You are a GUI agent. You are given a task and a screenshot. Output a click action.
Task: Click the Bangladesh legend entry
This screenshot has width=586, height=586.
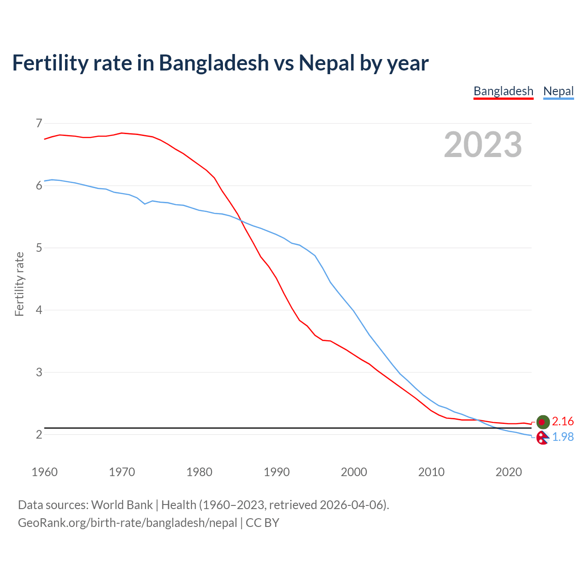(x=503, y=91)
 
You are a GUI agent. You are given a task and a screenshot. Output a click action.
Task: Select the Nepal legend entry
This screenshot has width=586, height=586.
(x=558, y=91)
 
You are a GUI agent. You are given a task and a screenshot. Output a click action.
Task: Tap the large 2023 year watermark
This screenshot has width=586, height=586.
(x=483, y=145)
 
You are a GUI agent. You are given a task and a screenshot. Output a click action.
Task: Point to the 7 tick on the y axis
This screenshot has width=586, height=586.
(x=38, y=123)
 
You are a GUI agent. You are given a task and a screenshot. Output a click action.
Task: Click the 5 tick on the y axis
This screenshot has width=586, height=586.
(x=38, y=248)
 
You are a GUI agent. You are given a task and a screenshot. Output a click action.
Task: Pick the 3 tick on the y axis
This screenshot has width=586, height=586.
(x=38, y=372)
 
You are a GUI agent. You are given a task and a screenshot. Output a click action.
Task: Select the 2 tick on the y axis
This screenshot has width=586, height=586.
(x=38, y=434)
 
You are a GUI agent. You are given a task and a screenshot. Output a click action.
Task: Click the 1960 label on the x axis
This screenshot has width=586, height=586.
(x=44, y=472)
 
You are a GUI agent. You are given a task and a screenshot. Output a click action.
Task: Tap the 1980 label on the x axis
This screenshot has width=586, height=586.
(x=199, y=472)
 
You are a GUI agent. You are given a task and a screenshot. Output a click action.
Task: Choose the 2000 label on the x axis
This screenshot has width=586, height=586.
(x=354, y=472)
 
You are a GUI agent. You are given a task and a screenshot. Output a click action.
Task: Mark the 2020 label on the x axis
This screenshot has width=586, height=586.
(x=509, y=472)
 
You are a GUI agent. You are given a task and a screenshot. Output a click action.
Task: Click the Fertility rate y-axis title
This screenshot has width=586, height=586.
(x=19, y=284)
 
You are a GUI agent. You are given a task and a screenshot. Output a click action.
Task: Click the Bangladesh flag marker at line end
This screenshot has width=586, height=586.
(x=543, y=422)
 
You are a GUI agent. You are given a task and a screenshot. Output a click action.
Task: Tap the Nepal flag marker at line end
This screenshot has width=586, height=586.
(x=543, y=438)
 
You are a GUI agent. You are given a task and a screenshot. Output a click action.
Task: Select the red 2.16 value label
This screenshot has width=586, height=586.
(x=563, y=421)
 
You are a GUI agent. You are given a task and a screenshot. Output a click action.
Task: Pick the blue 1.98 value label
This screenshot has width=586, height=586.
(x=563, y=437)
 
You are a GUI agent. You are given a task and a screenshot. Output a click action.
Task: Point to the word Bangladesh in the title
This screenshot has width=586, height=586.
(x=214, y=63)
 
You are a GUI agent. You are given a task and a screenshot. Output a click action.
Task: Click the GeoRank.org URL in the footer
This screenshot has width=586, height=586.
(x=127, y=523)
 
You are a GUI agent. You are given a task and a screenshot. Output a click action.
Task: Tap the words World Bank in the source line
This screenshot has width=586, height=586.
(x=122, y=505)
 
